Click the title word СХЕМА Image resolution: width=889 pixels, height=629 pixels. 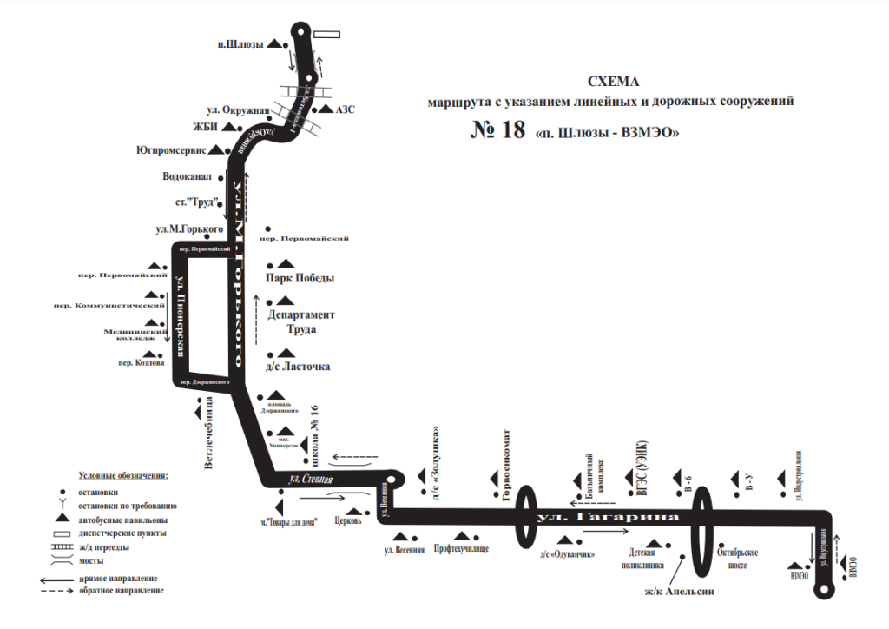pyautogui.click(x=613, y=83)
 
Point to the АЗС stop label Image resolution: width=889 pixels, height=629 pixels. pyautogui.click(x=345, y=109)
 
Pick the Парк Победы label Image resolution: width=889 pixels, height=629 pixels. pyautogui.click(x=300, y=279)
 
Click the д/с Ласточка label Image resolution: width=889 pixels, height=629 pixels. pyautogui.click(x=299, y=367)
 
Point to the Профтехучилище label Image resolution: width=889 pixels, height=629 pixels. pyautogui.click(x=461, y=550)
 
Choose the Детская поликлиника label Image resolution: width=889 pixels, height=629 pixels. pyautogui.click(x=647, y=558)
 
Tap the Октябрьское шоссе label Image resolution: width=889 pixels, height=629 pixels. pyautogui.click(x=741, y=558)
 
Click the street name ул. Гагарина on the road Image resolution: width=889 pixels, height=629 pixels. pyautogui.click(x=607, y=518)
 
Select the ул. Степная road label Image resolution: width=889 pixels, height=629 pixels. pyautogui.click(x=309, y=480)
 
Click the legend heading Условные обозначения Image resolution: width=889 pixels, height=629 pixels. pyautogui.click(x=123, y=476)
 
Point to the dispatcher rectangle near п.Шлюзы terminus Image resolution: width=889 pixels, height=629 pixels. pyautogui.click(x=328, y=36)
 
